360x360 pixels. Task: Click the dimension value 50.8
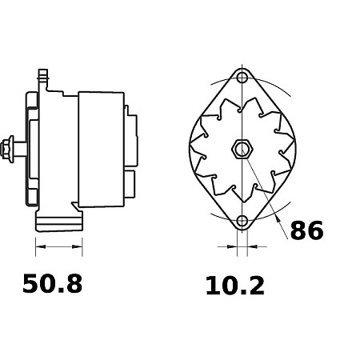[x=53, y=284]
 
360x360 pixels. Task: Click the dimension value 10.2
[x=235, y=286]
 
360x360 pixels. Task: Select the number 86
[x=306, y=230]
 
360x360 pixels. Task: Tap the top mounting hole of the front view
[x=242, y=78]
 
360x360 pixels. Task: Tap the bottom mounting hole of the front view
[x=242, y=221]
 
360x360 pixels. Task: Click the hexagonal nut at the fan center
[x=242, y=149]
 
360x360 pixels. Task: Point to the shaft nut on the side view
[x=7, y=149]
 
